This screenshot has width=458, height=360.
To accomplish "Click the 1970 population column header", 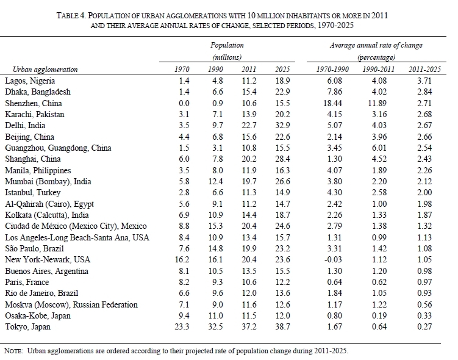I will tap(182, 69).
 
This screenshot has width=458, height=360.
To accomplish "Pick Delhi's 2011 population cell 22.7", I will tap(248, 126).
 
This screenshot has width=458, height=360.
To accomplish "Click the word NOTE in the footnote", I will tap(13, 351).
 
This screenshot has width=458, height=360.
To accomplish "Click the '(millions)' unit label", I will tap(227, 57).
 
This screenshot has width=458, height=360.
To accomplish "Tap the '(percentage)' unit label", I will tap(376, 57).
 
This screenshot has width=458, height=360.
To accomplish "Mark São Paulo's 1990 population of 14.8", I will tap(215, 248).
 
